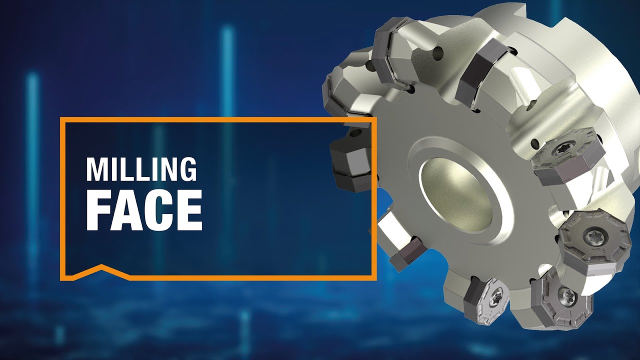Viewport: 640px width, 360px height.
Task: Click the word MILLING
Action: coord(141,169)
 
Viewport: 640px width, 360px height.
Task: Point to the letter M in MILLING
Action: coord(97,169)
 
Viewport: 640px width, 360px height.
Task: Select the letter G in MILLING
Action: coord(187,169)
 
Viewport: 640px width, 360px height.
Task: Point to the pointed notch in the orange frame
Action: coord(102,266)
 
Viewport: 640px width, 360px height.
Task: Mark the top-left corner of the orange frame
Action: coord(61,119)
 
